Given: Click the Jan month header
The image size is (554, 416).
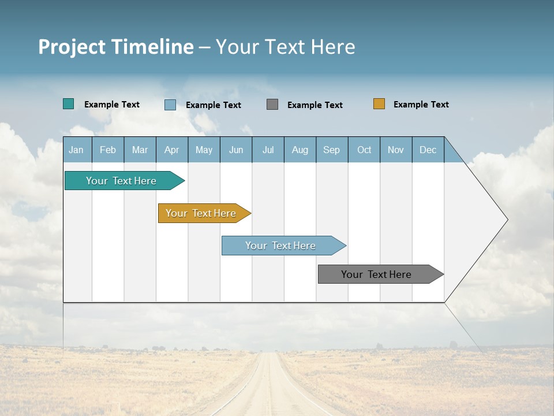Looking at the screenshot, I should pyautogui.click(x=76, y=150).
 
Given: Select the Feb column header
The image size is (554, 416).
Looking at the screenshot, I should pyautogui.click(x=108, y=150).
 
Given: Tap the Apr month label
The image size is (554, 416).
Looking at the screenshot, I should pyautogui.click(x=171, y=150).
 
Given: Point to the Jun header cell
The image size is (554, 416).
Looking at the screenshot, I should pyautogui.click(x=236, y=150).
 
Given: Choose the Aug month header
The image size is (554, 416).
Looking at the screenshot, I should pyautogui.click(x=300, y=150).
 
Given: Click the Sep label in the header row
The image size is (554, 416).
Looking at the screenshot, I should pyautogui.click(x=331, y=150).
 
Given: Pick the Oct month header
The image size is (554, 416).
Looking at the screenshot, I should pyautogui.click(x=364, y=150).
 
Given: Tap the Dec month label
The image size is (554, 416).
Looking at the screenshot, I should pyautogui.click(x=428, y=150).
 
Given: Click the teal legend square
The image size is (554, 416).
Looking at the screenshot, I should pyautogui.click(x=69, y=104).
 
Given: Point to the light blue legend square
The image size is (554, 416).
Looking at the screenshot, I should pyautogui.click(x=170, y=105).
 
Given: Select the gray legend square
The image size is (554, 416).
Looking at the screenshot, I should pyautogui.click(x=272, y=105).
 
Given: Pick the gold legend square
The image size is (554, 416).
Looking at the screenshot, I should pyautogui.click(x=379, y=104).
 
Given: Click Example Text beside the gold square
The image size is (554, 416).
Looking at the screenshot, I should pyautogui.click(x=421, y=105).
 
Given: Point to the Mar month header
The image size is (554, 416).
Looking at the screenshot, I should pyautogui.click(x=140, y=150).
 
